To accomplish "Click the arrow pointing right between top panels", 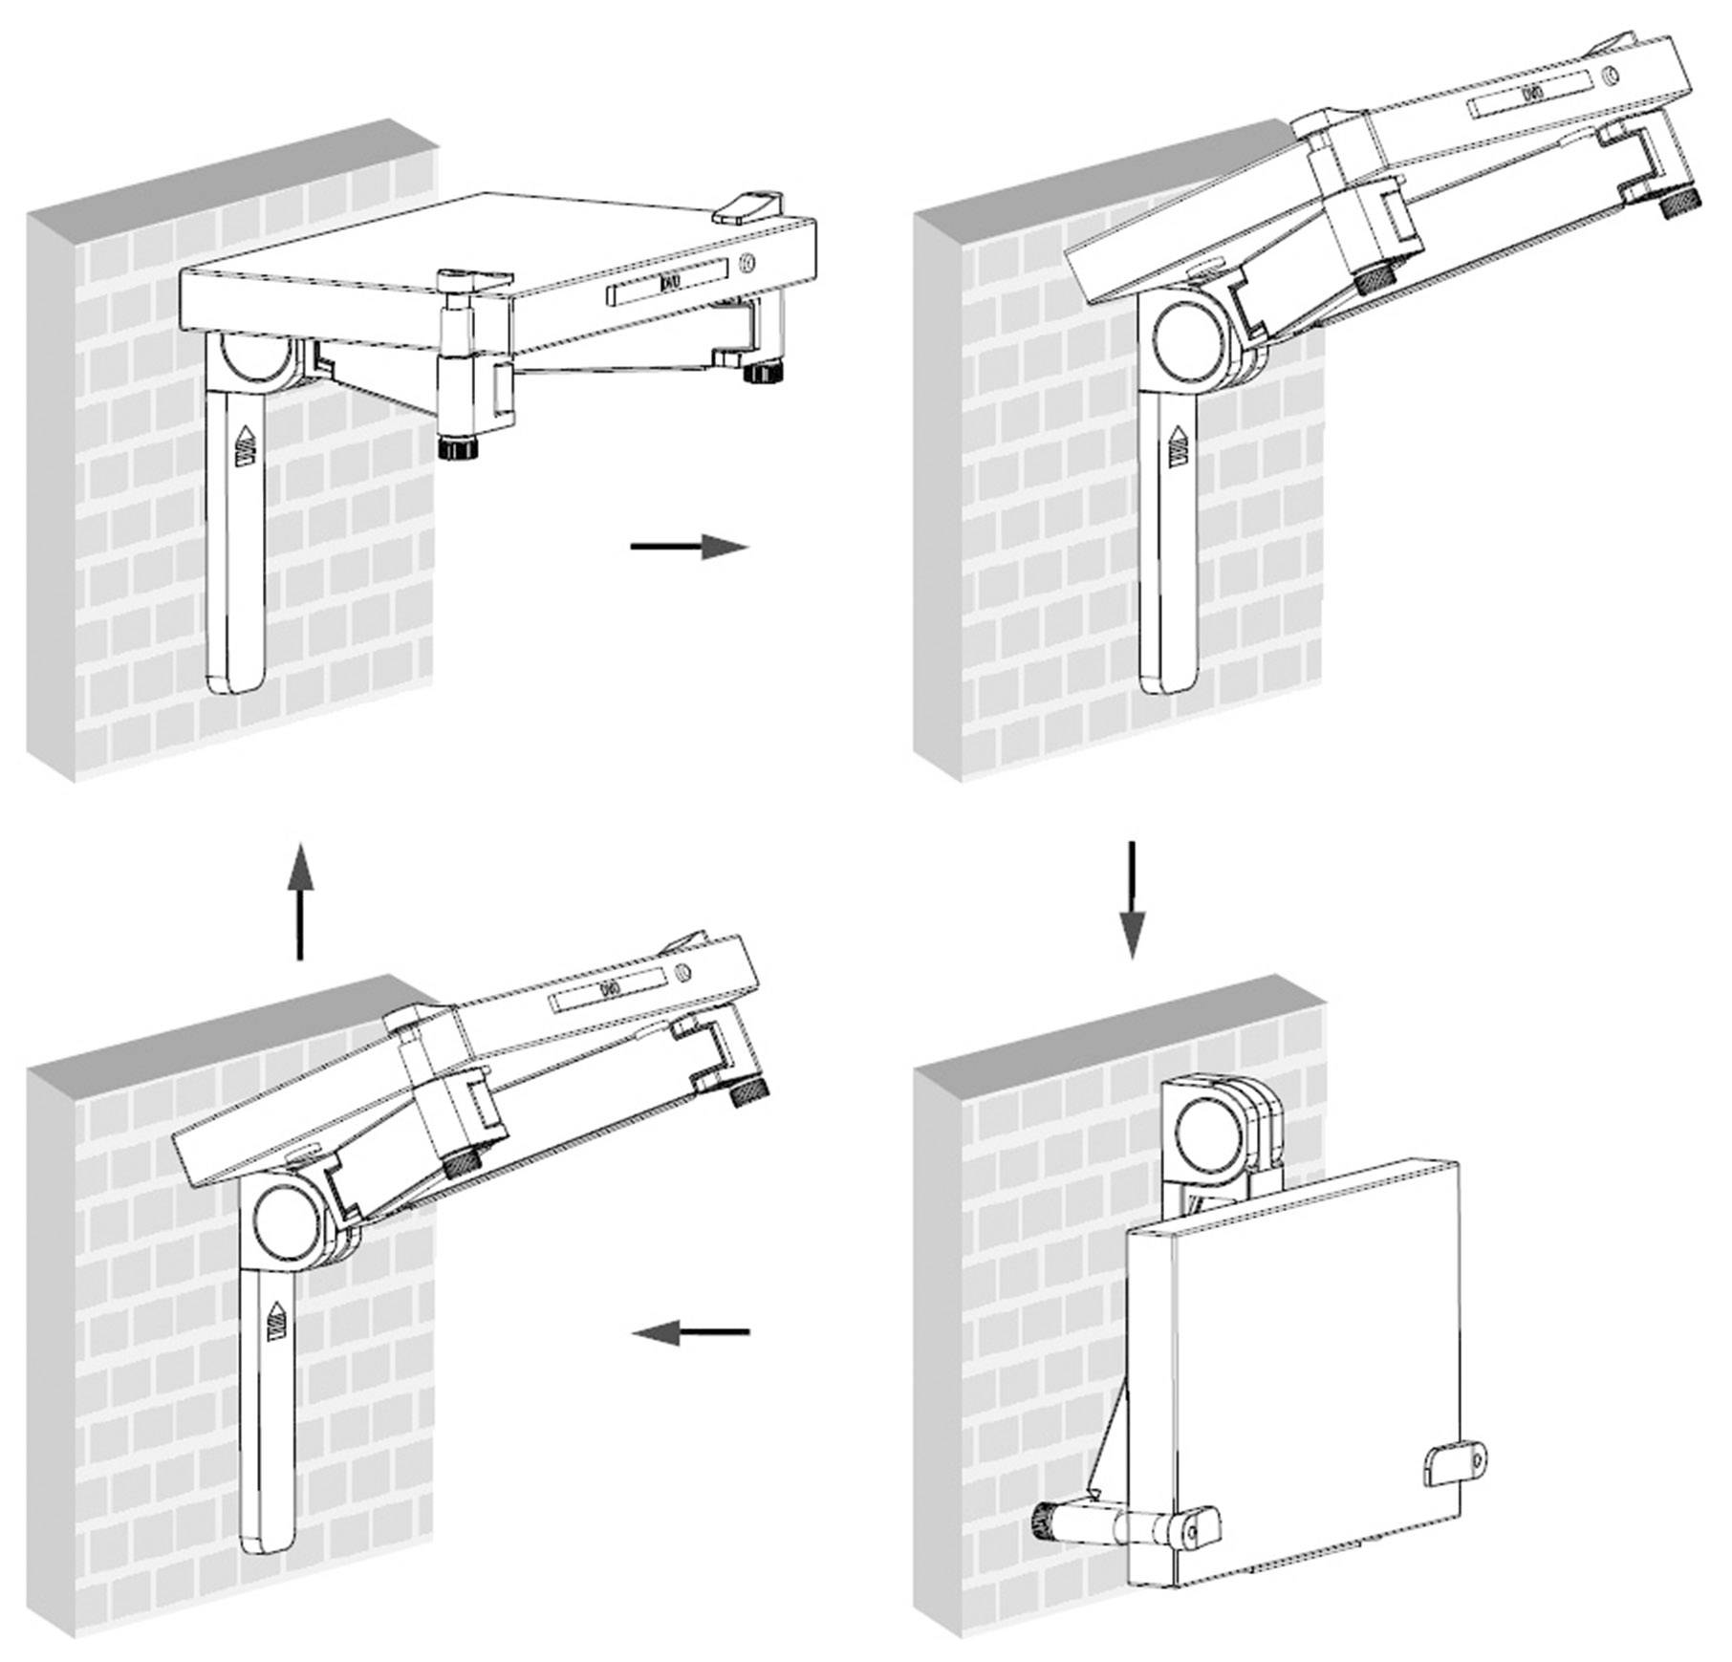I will point(688,547).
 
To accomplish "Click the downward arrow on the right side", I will point(1132,898).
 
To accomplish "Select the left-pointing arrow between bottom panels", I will point(691,1331).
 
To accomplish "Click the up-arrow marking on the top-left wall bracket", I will point(247,445).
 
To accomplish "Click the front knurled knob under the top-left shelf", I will point(458,447).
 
